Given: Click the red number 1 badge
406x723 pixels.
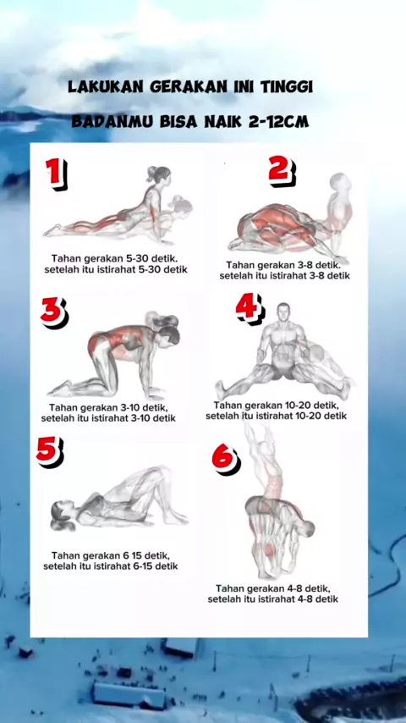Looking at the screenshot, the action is pos(56,174).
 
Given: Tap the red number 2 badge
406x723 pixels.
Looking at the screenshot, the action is pos(282,171).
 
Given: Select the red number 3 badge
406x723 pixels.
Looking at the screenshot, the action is pos(54,312).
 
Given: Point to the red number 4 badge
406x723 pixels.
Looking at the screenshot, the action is pos(250,308).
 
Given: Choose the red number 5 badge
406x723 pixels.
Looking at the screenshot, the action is pos(49,451).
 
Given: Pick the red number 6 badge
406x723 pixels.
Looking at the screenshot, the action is pos(226,460).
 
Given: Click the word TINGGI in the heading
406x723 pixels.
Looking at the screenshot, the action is pos(287,86).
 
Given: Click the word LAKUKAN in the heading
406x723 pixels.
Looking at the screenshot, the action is pos(105,86).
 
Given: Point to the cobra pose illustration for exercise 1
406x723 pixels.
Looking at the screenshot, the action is pos(118,205).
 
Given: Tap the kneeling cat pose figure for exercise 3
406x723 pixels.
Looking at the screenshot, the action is pos(114,355).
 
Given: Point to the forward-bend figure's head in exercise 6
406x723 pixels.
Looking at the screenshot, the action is pos(306,528).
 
